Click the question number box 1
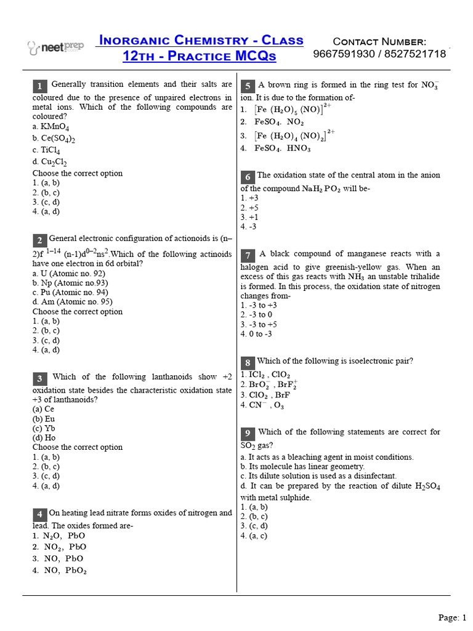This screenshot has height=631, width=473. [x=39, y=86]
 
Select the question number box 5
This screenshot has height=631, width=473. [x=248, y=86]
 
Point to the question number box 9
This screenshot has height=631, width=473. [x=248, y=433]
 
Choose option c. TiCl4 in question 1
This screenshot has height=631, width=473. [x=46, y=150]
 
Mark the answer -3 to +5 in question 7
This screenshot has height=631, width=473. [x=259, y=324]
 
